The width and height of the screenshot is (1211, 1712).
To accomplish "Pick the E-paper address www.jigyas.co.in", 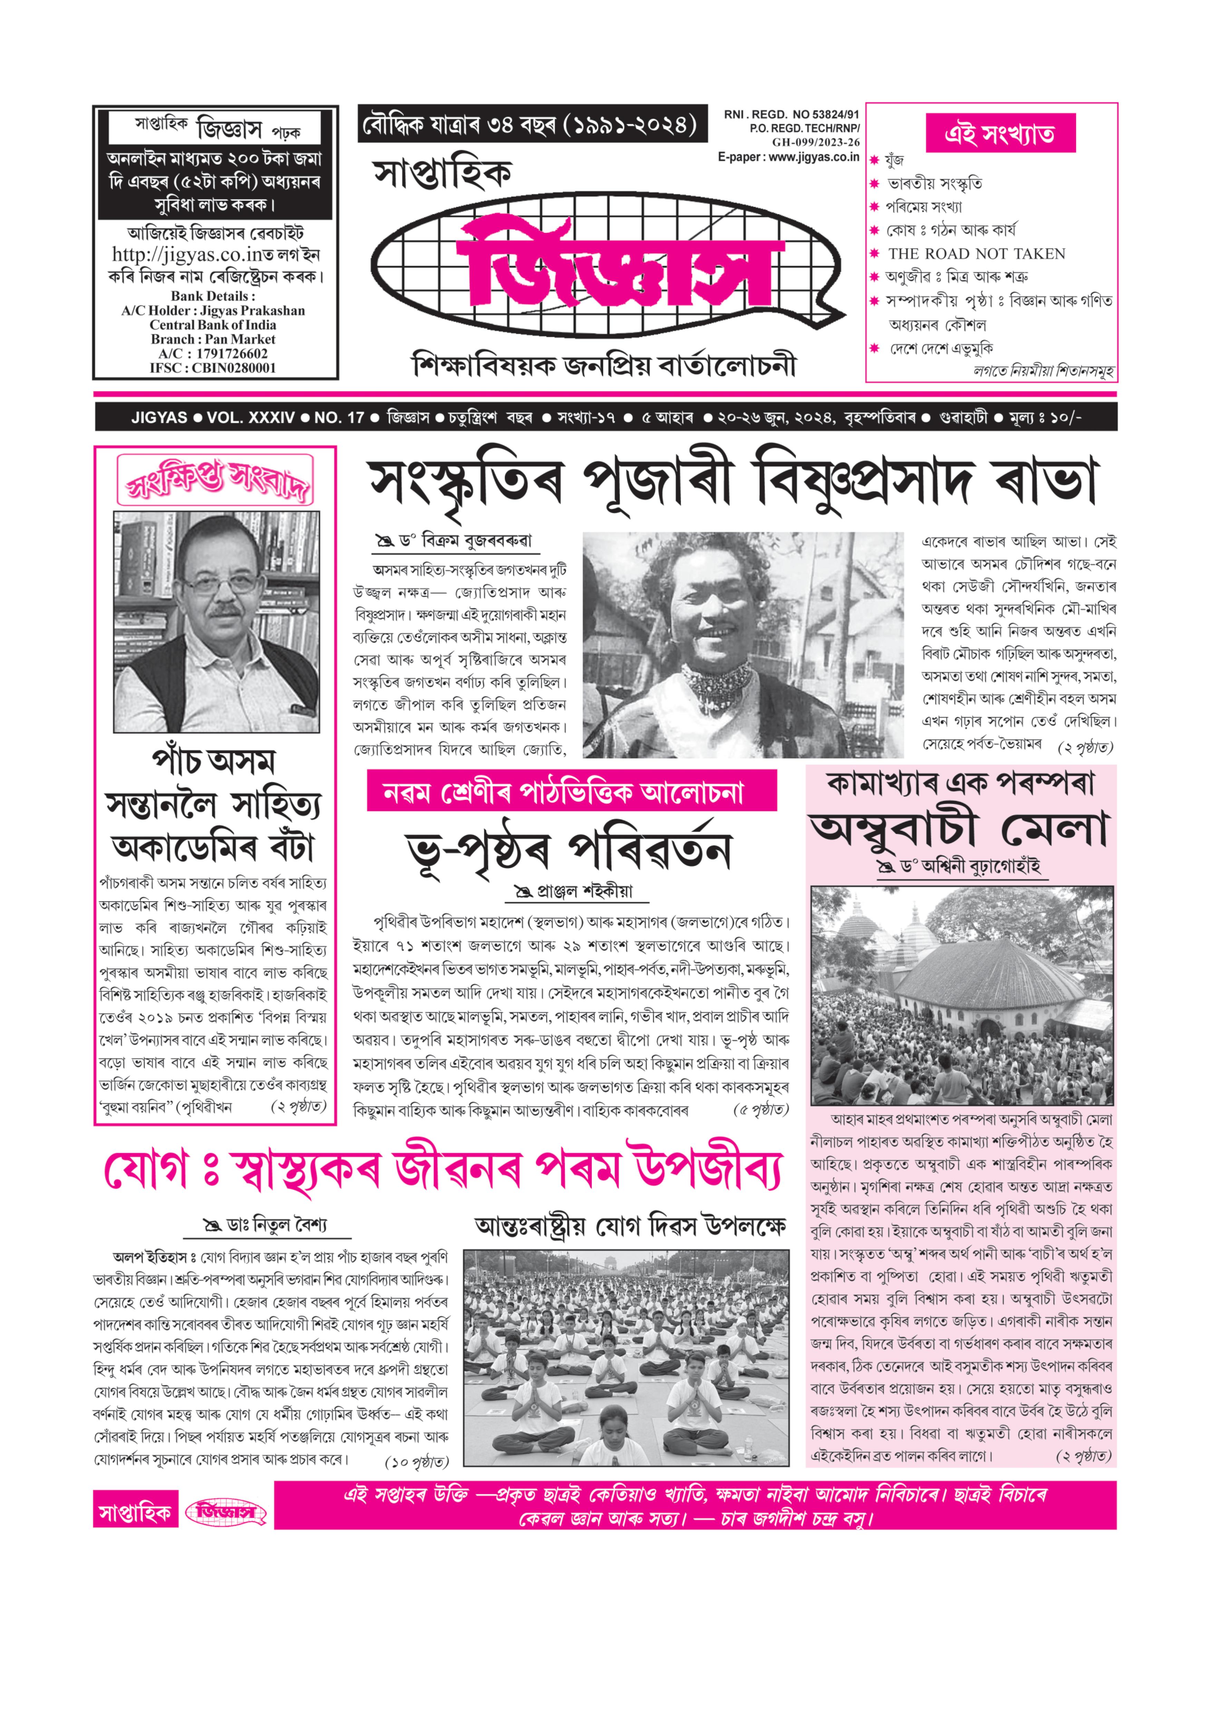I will [811, 157].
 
